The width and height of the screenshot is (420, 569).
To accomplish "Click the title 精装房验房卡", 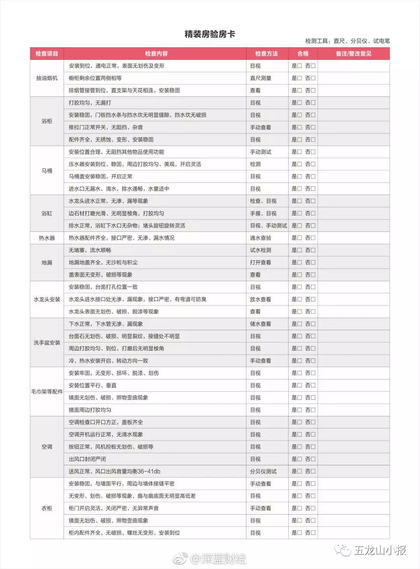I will (210, 34).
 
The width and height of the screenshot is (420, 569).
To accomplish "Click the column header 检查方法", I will (266, 54).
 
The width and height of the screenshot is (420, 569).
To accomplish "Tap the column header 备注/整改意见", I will (353, 54).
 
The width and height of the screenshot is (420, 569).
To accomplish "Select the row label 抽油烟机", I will (47, 78).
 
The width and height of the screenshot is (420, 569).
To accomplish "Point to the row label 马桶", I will (47, 171).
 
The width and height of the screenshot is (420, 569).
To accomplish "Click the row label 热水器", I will (47, 238).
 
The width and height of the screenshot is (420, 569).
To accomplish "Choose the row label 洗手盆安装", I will (47, 343).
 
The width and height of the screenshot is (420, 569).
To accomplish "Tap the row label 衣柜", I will (47, 508).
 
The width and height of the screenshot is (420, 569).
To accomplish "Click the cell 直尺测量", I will (261, 78).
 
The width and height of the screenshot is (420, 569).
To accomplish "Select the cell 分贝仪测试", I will (263, 471).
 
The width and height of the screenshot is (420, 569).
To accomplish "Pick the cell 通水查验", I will (261, 238).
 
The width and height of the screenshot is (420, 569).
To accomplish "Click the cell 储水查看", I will (261, 324).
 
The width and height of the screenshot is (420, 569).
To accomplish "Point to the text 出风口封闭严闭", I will (87, 459).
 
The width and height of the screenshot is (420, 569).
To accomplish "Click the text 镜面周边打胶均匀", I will (90, 410).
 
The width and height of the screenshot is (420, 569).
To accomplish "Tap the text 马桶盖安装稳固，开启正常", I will (100, 176).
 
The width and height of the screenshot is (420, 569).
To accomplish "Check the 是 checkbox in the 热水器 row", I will (299, 238).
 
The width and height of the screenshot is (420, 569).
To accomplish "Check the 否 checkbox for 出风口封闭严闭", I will (313, 459).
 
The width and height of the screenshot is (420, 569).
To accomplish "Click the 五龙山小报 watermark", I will (379, 550).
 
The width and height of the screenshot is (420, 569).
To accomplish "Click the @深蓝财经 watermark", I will (218, 559).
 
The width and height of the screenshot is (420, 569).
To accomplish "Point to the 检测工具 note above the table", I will (347, 41).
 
